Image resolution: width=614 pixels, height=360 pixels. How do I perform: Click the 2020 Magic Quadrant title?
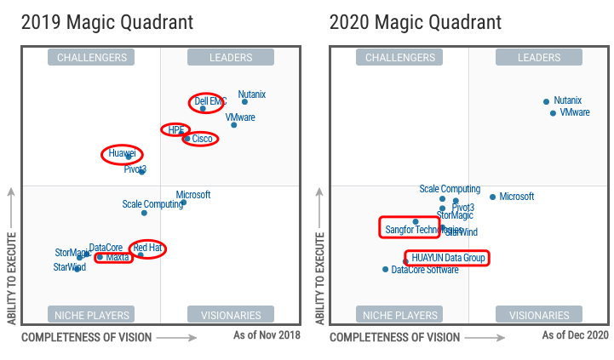pos(416,20)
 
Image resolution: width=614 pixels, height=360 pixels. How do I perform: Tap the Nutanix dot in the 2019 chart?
pos(244,101)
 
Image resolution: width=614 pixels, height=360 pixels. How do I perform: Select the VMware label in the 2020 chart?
pos(575,112)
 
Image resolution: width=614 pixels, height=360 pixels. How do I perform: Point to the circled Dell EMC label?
pos(209,101)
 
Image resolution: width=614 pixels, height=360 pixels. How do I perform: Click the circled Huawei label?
pos(123,154)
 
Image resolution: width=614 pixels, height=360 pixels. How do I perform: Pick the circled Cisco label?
pos(202,138)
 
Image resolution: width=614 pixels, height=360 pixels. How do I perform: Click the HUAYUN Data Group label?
pos(449,257)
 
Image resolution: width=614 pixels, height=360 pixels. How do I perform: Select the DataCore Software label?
pos(425,270)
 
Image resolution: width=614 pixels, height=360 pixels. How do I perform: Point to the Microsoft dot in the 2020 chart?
pos(492,197)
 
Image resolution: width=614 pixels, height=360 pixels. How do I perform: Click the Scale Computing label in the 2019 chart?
pos(152,204)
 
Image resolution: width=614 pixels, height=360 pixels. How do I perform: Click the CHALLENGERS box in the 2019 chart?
pos(92,58)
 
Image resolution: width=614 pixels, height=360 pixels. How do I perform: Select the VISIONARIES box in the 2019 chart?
pos(231,314)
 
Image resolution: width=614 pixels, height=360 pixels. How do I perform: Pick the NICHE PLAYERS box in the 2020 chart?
pos(400,314)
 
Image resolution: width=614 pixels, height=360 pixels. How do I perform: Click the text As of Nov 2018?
pos(267,335)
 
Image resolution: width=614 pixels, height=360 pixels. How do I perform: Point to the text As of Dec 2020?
pos(576,335)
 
